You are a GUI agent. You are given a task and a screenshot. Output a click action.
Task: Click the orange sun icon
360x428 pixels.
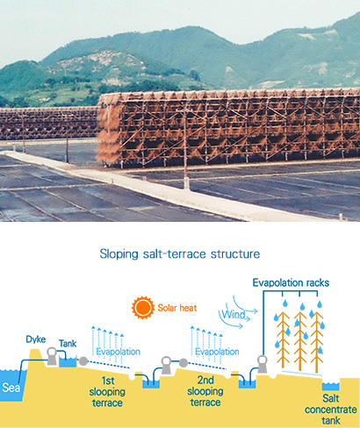coord(143,308)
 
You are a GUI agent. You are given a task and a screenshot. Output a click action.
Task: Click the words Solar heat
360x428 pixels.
coord(177,308)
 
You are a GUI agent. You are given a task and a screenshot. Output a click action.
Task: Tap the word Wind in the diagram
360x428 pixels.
coord(234,315)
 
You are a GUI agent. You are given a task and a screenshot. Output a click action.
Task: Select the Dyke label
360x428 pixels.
coord(36,339)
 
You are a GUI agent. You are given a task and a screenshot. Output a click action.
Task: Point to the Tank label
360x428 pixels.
coord(68,343)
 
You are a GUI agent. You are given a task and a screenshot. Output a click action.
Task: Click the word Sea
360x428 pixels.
coord(11,388)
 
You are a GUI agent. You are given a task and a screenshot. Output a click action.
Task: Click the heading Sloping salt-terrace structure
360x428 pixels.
coord(180,253)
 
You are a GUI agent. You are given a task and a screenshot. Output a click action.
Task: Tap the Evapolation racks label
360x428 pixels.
coord(291,282)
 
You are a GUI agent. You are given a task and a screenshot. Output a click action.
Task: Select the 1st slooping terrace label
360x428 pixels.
coord(107,392)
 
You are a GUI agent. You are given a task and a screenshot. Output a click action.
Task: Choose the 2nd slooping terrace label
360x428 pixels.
coord(205,391)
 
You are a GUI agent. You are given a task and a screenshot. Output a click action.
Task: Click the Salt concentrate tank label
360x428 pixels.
coord(331,410)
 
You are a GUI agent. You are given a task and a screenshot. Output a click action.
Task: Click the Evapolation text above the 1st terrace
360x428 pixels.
coord(118,352)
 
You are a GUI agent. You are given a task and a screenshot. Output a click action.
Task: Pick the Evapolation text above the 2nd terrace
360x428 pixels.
coord(217,352)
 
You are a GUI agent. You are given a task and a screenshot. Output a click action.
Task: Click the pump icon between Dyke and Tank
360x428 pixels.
coord(52,356)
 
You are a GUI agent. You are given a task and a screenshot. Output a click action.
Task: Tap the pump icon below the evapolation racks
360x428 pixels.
coord(262,364)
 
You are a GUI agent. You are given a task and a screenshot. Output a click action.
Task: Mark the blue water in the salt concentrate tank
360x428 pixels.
coord(331,387)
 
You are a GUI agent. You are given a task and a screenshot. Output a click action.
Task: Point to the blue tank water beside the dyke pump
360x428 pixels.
coord(68,362)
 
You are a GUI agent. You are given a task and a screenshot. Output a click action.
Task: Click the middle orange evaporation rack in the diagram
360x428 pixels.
coord(300,341)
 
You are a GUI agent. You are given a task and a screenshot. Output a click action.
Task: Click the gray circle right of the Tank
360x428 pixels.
coord(83,361)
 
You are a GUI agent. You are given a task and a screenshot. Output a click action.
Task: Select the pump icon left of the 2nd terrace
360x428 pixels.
coord(167,365)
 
